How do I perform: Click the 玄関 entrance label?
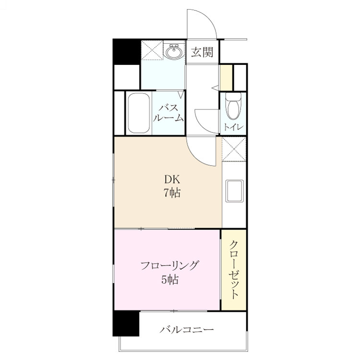202,52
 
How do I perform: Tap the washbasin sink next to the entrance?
174,52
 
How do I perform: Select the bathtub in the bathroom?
139,113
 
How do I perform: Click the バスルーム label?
168,113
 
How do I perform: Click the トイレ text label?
233,127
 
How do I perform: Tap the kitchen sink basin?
234,191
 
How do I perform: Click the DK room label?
172,180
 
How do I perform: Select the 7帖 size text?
172,193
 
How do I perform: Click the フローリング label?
169,265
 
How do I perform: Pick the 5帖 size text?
170,279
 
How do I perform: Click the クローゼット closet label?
234,270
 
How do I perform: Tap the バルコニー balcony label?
187,330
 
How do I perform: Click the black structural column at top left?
127,52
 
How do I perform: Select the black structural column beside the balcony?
126,323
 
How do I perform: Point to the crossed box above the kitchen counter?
234,149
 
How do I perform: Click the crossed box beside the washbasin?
152,50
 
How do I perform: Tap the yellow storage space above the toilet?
226,78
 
